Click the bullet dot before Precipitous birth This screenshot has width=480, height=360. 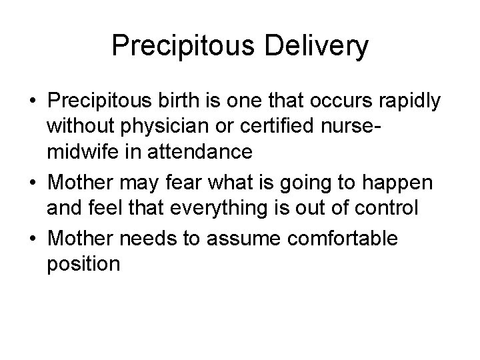pyautogui.click(x=32, y=102)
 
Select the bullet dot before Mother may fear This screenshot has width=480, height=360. pyautogui.click(x=32, y=182)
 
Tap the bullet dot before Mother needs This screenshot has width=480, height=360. pyautogui.click(x=32, y=239)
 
